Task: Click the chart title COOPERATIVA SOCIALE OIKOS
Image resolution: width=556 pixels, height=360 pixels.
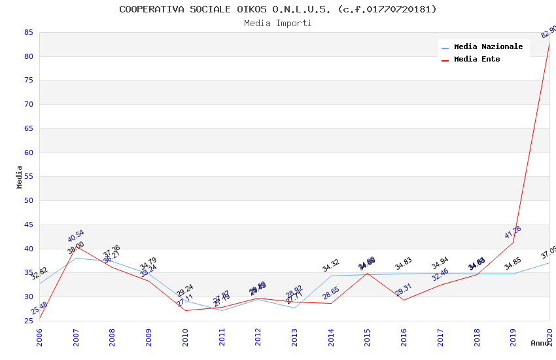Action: [x=277, y=9]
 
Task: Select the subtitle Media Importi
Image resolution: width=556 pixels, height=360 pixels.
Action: [x=277, y=23]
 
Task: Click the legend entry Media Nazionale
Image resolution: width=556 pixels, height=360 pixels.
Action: [x=488, y=46]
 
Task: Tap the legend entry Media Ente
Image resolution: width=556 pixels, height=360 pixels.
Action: [x=477, y=59]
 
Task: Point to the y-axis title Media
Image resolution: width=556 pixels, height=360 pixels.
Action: [x=20, y=177]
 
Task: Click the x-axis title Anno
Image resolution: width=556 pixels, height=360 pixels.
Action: [x=540, y=343]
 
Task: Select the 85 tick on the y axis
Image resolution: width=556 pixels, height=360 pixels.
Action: [x=28, y=32]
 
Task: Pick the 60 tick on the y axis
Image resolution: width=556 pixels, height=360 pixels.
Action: [x=28, y=153]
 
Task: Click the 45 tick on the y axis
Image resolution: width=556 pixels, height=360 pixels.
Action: [x=28, y=225]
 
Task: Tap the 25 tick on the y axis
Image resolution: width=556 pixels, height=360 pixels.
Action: [x=28, y=321]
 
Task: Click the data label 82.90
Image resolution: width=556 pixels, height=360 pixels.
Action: [x=548, y=31]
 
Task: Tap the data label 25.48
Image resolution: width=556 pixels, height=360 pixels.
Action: [x=39, y=308]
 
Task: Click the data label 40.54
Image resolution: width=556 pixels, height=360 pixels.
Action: [x=76, y=236]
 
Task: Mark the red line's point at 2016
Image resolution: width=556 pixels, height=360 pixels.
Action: [x=404, y=300]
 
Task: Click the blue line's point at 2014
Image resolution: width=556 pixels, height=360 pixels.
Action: [x=331, y=276]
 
